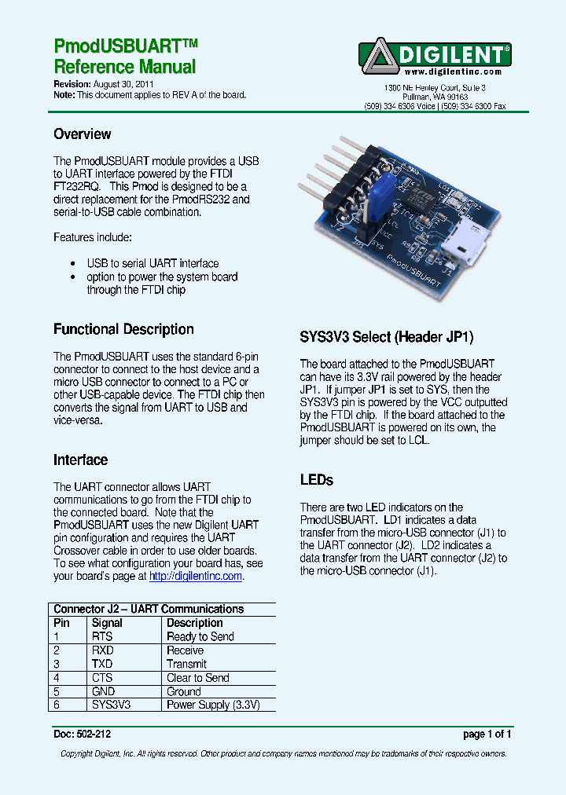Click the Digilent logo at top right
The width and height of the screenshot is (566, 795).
[x=435, y=55]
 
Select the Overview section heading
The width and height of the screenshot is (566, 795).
[x=82, y=134]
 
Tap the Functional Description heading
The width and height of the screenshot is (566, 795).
[x=123, y=329]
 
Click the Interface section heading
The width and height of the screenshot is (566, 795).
[x=80, y=460]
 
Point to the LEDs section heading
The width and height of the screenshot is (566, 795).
[x=317, y=480]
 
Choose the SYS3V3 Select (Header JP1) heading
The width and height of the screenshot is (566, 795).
[x=387, y=338]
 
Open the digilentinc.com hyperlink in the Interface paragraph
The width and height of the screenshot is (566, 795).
[x=196, y=576]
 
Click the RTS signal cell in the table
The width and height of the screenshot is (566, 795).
[x=102, y=636]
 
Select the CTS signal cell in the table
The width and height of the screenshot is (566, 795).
[x=102, y=678]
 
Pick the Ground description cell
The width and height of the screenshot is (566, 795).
[x=184, y=692]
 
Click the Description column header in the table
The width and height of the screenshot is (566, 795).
[x=195, y=623]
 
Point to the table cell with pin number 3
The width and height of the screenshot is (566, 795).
[x=57, y=664]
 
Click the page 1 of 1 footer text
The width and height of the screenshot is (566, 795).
[x=487, y=735]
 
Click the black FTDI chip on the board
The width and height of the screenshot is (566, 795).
[x=417, y=194]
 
